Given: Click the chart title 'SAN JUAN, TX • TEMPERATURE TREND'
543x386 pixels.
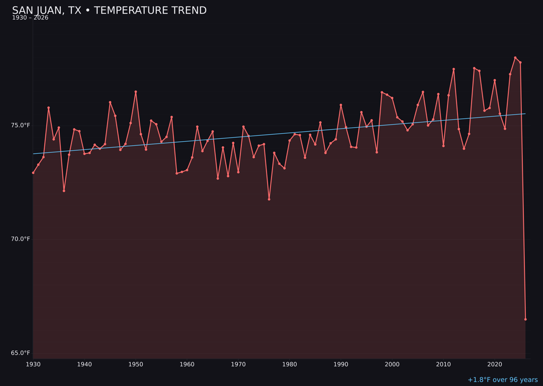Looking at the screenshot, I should (x=109, y=11).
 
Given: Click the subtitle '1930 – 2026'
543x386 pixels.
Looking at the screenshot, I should (x=30, y=18).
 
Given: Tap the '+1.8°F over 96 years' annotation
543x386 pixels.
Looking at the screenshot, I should (x=502, y=380).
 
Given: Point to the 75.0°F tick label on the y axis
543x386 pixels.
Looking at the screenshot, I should (x=21, y=125).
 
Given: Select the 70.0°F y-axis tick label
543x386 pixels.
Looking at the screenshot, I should (x=21, y=239).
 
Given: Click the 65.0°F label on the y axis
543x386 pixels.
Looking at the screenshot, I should (x=21, y=353).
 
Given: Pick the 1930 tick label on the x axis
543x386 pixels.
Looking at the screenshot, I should (x=33, y=364).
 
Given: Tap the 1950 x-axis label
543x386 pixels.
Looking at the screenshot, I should (x=136, y=364).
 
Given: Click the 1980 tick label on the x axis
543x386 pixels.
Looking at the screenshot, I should (x=290, y=364).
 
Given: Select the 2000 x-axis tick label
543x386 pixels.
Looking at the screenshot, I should (x=392, y=364).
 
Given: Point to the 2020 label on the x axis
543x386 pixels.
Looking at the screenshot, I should (x=495, y=364).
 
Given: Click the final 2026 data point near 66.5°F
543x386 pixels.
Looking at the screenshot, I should (x=525, y=319).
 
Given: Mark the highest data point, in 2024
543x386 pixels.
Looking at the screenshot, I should (x=515, y=58).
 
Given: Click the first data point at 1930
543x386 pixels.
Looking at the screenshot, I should (x=33, y=173).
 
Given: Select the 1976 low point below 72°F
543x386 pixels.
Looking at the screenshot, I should (x=269, y=200).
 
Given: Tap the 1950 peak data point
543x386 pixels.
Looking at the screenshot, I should (x=136, y=92).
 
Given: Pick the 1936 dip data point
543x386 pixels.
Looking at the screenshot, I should (x=64, y=191).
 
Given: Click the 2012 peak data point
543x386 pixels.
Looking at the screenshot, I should (x=454, y=69).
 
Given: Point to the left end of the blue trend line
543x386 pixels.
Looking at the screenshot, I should (x=34, y=154).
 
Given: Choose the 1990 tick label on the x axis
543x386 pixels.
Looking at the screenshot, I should (x=341, y=364).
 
